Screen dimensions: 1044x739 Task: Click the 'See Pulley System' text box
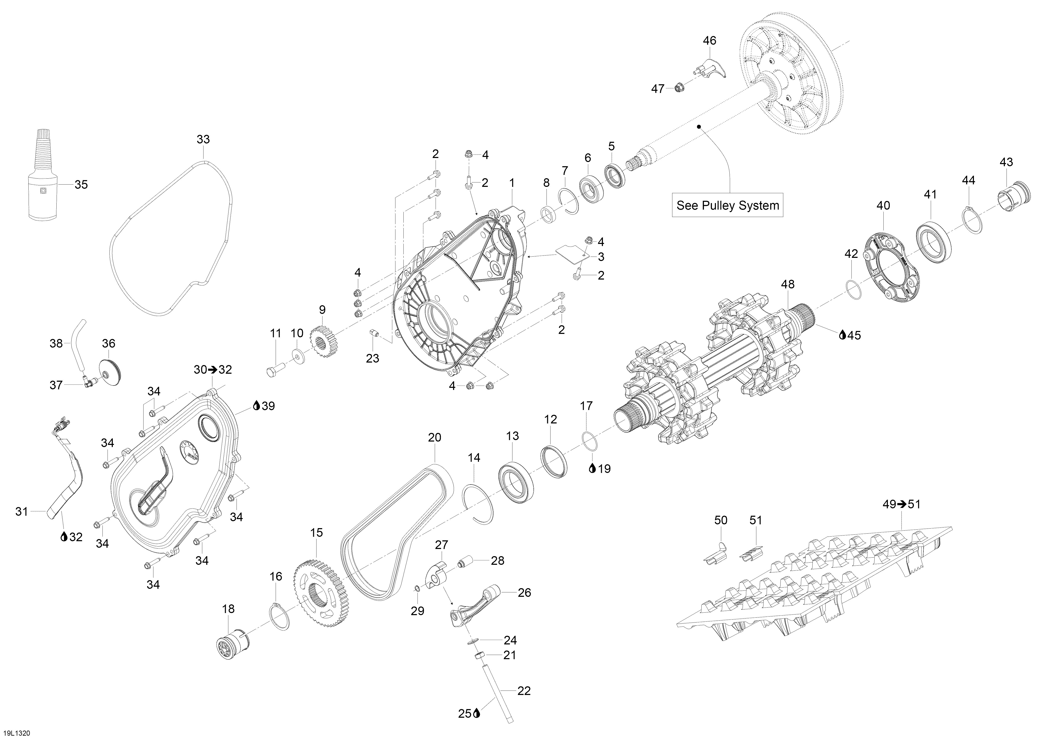727,205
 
